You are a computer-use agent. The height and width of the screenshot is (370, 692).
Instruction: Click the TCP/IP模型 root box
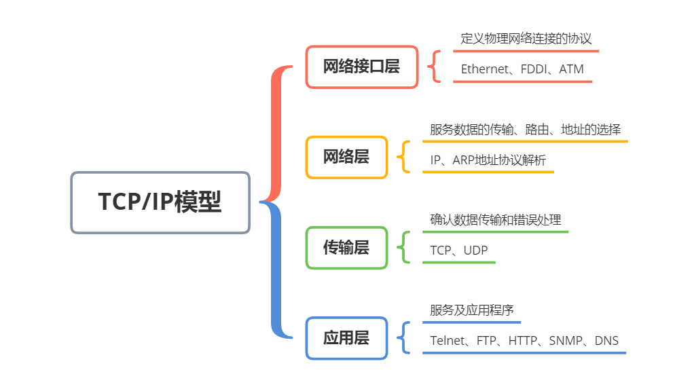click(x=160, y=202)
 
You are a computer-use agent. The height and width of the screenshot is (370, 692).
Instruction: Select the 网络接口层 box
click(x=361, y=67)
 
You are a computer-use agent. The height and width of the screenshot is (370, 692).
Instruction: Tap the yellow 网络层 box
click(x=346, y=157)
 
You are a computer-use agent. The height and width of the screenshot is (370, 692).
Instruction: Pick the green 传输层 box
click(x=346, y=248)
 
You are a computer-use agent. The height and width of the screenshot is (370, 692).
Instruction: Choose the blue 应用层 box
click(x=346, y=338)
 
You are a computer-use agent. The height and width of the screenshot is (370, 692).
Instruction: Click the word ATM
click(x=571, y=69)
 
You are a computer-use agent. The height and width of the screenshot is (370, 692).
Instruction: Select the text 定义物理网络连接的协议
click(x=526, y=39)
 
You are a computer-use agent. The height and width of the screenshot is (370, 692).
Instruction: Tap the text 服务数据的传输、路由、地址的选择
click(x=525, y=130)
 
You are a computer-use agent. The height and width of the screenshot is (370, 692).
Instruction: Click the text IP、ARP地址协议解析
click(x=488, y=160)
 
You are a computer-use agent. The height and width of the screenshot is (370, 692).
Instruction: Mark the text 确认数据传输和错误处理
click(x=496, y=220)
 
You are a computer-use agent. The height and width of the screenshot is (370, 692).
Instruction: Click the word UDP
click(x=475, y=251)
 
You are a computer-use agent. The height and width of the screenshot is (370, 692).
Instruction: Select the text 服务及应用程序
click(x=471, y=310)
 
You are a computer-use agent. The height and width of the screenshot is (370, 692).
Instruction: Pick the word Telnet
click(x=448, y=341)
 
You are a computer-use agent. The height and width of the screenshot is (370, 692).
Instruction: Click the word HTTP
click(x=523, y=341)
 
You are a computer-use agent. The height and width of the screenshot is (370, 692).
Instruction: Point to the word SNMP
click(x=566, y=341)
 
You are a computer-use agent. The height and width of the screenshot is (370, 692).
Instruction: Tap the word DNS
click(x=606, y=341)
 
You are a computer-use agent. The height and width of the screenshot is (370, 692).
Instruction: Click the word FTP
click(x=486, y=341)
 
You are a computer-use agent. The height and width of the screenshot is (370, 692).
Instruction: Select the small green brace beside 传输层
click(x=406, y=248)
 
